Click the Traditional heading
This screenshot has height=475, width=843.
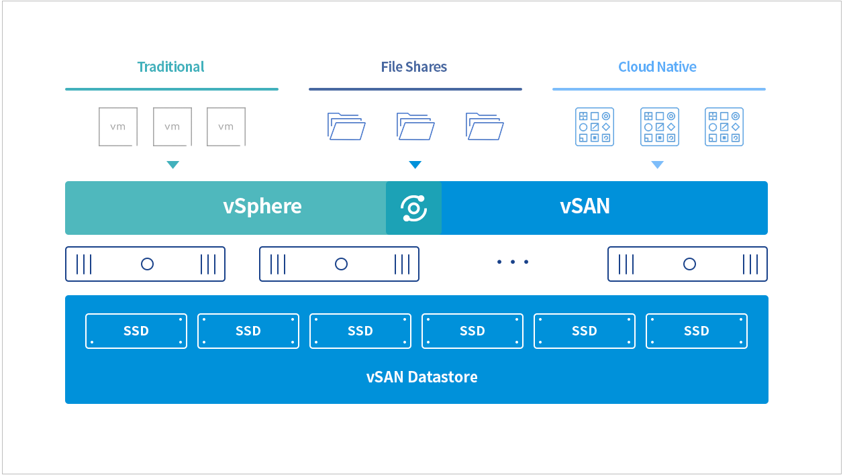(x=170, y=67)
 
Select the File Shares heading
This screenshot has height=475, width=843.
(x=413, y=67)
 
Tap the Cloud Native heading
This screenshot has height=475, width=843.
(x=657, y=67)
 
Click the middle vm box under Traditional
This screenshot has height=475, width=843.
(x=172, y=127)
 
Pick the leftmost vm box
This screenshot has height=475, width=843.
(x=118, y=127)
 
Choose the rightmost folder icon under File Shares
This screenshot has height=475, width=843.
(x=485, y=126)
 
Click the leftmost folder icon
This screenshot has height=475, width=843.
(x=346, y=126)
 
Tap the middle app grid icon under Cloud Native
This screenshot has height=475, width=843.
(x=660, y=127)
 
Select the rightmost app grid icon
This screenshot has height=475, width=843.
(x=724, y=127)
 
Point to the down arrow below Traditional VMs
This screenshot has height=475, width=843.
(x=172, y=164)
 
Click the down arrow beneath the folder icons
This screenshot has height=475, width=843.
(x=415, y=164)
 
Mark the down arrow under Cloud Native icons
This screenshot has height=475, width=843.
(x=658, y=164)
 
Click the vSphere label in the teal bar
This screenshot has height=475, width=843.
(x=262, y=207)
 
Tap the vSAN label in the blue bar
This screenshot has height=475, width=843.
(x=585, y=206)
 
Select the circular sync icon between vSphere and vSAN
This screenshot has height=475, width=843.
(x=413, y=208)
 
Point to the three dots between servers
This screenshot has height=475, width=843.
(x=513, y=262)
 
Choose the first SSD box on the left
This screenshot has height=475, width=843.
(x=136, y=331)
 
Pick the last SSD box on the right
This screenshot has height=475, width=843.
(x=697, y=331)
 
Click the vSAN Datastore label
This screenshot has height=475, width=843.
(x=422, y=377)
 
